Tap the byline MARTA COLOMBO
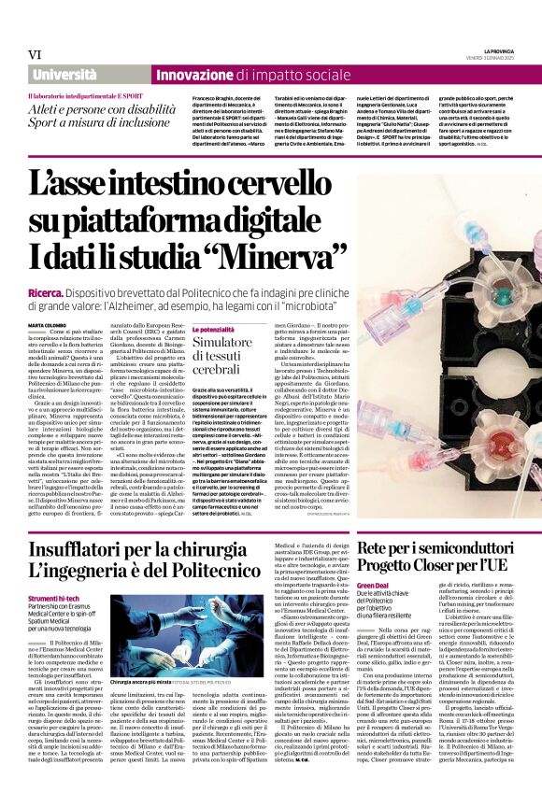[x=52, y=324]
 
